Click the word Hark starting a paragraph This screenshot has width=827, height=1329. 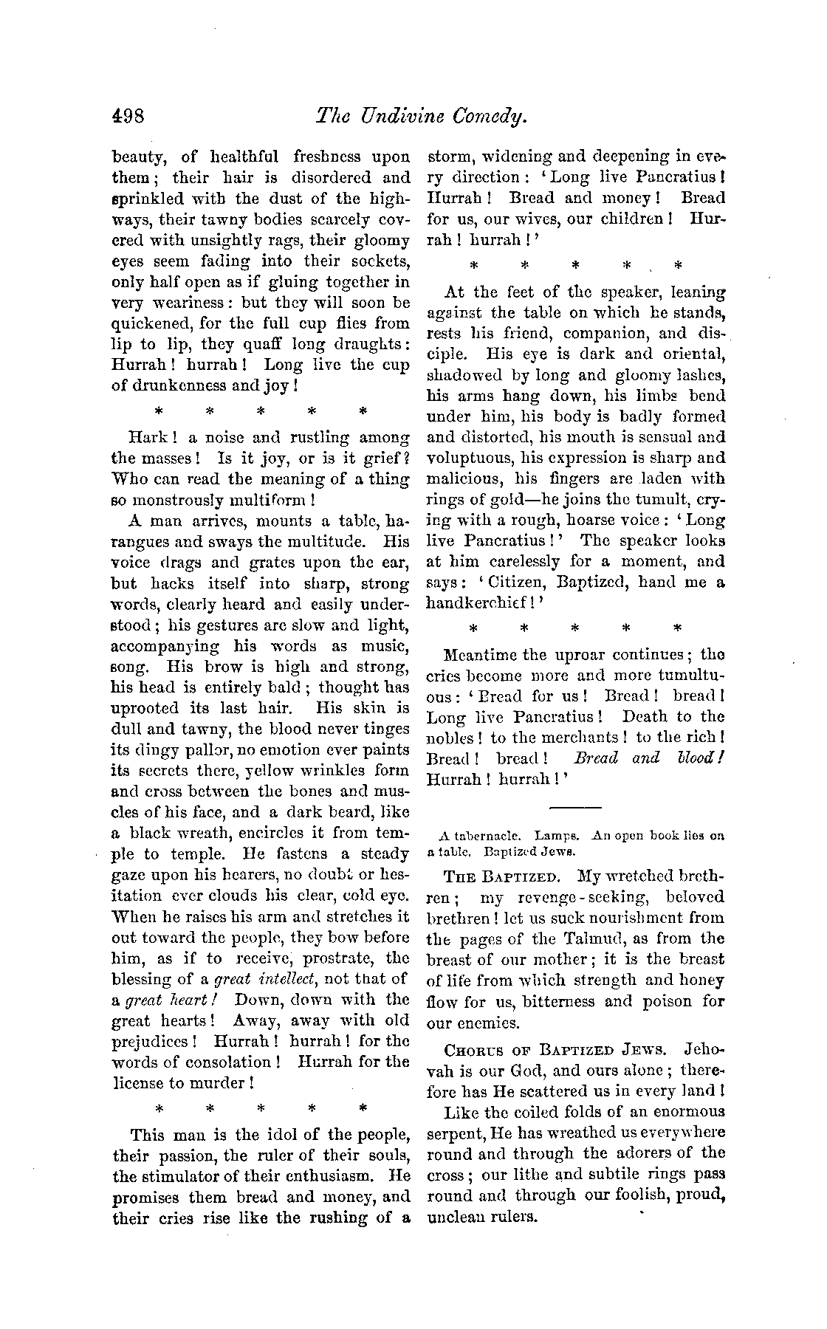click(x=146, y=437)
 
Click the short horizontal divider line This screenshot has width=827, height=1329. click(x=576, y=806)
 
